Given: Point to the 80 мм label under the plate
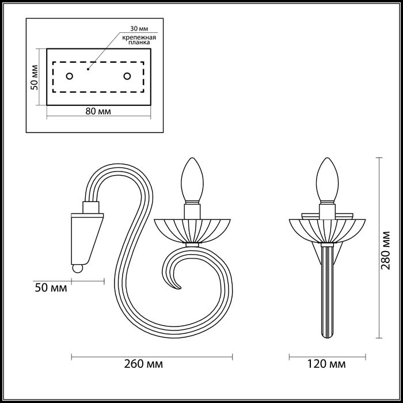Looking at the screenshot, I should [98, 111].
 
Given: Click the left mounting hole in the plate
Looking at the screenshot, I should [70, 76].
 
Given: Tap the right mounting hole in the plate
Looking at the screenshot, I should [127, 76].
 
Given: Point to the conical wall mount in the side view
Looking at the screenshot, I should [87, 236].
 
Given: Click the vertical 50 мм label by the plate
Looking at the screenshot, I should [35, 77].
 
